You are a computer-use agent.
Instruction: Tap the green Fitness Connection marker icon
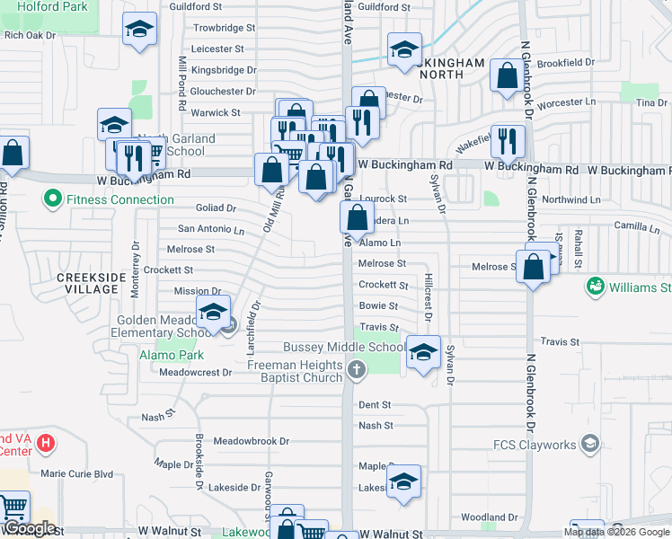point(53,199)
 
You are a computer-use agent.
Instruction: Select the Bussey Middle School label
point(344,347)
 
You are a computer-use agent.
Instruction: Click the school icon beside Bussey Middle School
point(423,351)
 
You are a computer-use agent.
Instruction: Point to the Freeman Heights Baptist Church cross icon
point(356,367)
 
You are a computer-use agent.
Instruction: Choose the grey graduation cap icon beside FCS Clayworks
point(589,443)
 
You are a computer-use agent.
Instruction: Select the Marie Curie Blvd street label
point(77,473)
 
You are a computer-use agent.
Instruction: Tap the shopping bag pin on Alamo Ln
point(357,216)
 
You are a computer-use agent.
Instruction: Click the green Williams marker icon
point(594,287)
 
